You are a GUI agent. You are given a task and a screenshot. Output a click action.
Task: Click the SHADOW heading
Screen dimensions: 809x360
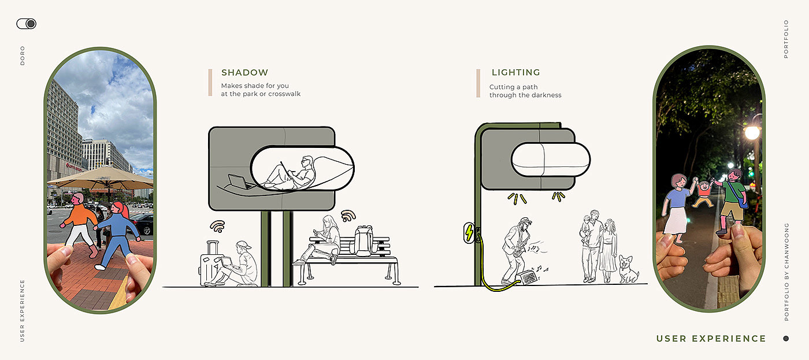(x=244, y=73)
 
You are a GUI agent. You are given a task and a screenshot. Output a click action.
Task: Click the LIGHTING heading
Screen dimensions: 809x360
(x=515, y=73)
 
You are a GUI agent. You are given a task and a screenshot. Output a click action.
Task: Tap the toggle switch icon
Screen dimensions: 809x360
(x=27, y=24)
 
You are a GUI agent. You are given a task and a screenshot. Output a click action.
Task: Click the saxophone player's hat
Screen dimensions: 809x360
(x=524, y=221)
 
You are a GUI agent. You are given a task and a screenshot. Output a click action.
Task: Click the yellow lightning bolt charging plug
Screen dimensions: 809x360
(x=469, y=233)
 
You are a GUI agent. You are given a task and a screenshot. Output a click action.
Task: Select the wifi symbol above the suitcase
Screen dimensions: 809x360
(x=217, y=226)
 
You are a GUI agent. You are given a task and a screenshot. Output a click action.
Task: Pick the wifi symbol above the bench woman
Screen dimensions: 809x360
(x=348, y=216)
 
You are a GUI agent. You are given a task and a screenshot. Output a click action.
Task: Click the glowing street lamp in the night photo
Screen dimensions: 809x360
(x=752, y=132)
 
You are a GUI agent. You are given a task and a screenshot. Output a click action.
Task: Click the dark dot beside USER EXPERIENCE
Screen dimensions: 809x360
(x=785, y=339)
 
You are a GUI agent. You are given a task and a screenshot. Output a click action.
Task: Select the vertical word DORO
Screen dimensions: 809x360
(x=23, y=55)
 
